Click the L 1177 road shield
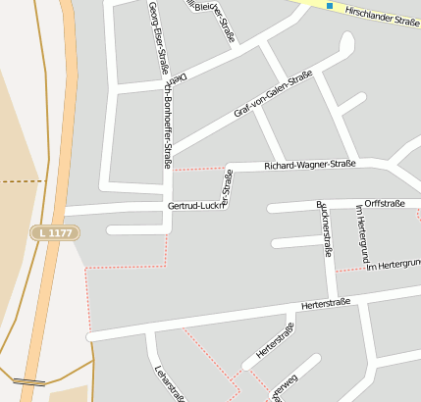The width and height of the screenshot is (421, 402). click(x=54, y=232)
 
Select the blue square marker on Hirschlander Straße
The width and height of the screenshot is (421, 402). click(x=330, y=7)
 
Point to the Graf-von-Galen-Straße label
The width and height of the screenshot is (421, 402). click(x=266, y=95)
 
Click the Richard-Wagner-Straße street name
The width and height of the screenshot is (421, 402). click(x=309, y=165)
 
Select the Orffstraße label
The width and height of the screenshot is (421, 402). click(x=385, y=203)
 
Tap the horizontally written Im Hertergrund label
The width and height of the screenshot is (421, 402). click(x=393, y=265)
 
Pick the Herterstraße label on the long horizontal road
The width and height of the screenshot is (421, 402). click(x=327, y=305)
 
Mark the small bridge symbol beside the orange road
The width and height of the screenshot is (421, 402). click(x=28, y=380)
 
